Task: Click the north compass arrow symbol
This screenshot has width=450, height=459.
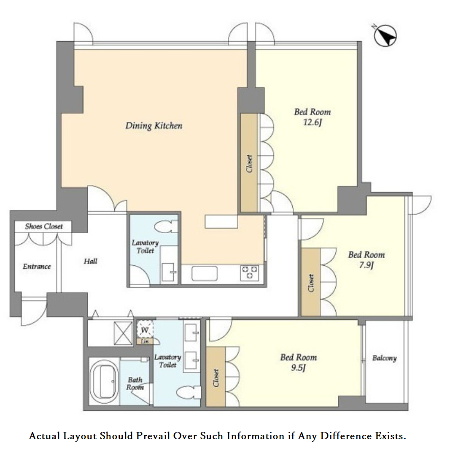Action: tap(385, 36)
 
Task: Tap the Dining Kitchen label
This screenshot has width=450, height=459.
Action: tap(154, 126)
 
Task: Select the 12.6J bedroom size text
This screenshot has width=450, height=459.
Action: tap(312, 122)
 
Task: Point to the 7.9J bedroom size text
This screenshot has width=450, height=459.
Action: tap(366, 265)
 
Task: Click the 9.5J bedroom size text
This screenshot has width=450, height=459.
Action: tap(299, 367)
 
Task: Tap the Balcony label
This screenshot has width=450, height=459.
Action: tap(385, 358)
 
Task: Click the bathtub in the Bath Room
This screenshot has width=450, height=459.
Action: tap(104, 381)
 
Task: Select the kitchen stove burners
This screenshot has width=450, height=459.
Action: tap(250, 273)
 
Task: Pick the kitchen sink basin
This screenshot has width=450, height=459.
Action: tap(204, 273)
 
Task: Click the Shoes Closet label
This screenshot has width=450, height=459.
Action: tap(44, 226)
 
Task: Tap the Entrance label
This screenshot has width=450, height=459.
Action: tap(37, 266)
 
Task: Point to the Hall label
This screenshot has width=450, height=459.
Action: tap(91, 261)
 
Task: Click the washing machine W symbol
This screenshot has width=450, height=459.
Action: tap(145, 330)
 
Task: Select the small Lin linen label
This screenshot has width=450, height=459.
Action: tap(145, 342)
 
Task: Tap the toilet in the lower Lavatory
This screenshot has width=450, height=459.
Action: tap(189, 392)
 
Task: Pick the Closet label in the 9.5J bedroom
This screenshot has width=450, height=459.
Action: tap(216, 378)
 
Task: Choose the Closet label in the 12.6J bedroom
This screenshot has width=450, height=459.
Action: tap(249, 164)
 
